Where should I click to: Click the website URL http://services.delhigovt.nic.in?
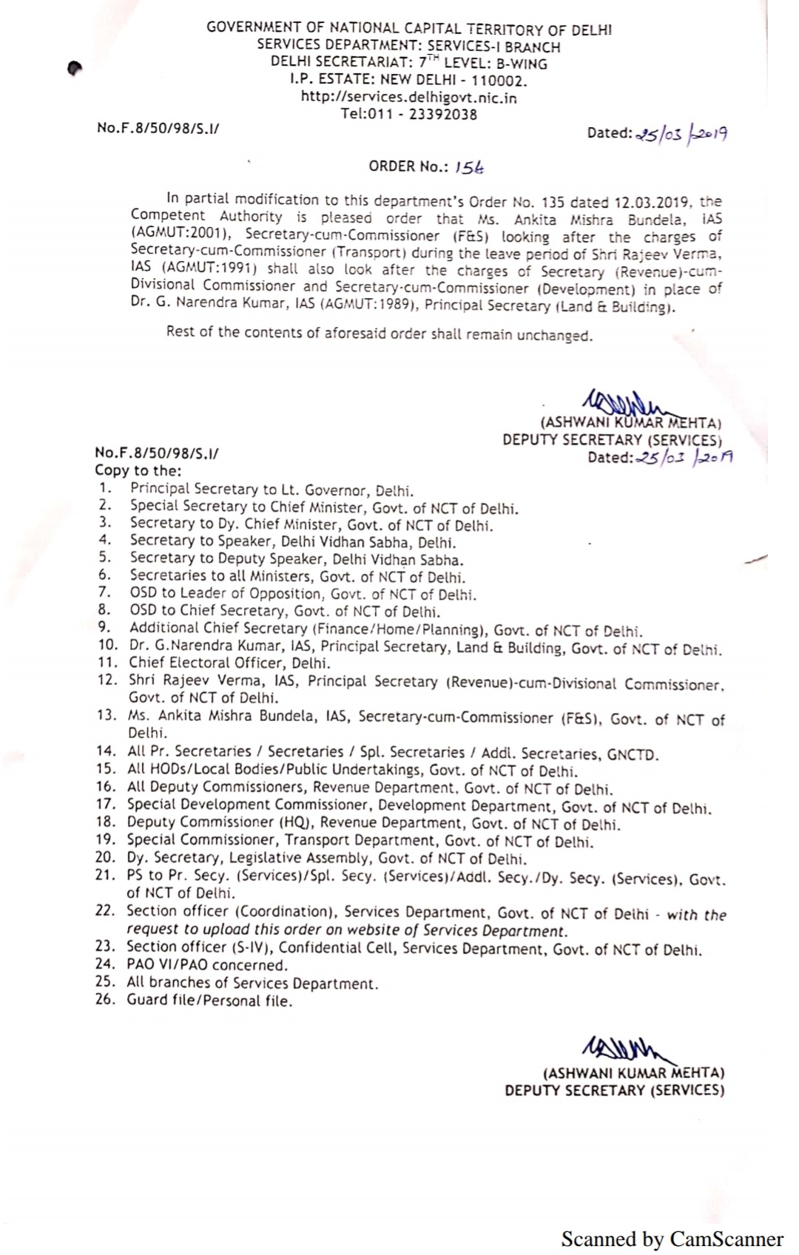point(408,97)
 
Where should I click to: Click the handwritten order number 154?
point(470,168)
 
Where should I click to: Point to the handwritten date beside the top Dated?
point(681,134)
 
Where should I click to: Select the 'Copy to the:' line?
point(138,471)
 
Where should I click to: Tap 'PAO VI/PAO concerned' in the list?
point(207,965)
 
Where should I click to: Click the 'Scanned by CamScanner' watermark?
point(672,1239)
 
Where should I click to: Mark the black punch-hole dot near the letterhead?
point(73,68)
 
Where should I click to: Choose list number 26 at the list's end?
point(106,1000)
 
